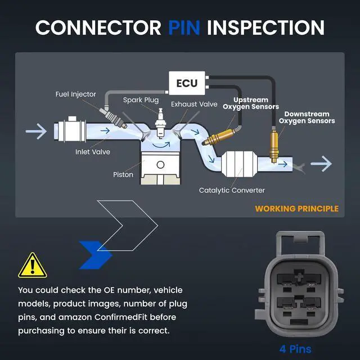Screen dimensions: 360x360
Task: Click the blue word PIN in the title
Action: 184,28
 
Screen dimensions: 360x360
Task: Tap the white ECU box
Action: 187,83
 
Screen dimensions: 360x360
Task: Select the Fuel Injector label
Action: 76,94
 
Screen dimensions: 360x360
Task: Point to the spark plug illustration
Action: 160,123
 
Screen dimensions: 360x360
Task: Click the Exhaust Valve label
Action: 194,104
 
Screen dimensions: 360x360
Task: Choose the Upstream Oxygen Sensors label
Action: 251,103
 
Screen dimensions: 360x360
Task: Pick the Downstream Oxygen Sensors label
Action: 307,118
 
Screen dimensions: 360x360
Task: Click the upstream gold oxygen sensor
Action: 219,137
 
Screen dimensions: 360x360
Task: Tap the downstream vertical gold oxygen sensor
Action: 274,146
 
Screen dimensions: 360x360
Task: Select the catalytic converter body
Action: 239,164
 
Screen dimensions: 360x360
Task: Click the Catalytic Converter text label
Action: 232,190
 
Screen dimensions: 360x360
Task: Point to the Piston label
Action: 123,175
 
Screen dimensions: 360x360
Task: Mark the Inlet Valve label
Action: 93,152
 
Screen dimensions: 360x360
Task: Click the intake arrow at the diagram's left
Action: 36,131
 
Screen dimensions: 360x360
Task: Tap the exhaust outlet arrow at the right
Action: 321,164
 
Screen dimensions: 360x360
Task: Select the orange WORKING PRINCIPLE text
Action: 296,209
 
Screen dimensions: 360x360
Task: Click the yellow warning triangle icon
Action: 33,265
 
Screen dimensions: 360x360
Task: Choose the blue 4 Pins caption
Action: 295,349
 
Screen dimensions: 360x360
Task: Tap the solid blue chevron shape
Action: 95,255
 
